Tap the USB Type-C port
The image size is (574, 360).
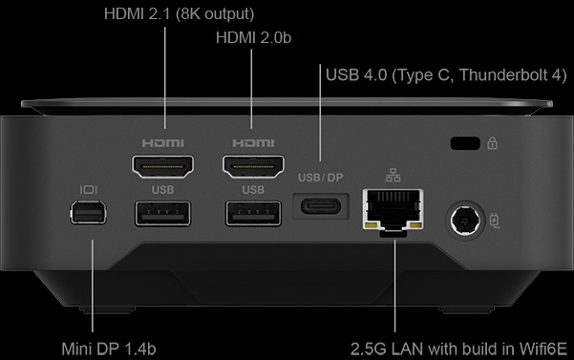pos(320,207)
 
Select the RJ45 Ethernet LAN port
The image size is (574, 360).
pos(393,211)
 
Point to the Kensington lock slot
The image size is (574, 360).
pos(464,144)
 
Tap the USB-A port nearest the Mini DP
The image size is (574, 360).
pos(163,214)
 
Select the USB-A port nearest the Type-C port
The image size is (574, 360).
pos(252,214)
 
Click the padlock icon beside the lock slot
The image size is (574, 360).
pos(492,144)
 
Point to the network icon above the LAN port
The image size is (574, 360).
pos(393,176)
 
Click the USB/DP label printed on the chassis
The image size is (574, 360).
pos(319,178)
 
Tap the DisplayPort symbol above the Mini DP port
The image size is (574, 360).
pos(91,189)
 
